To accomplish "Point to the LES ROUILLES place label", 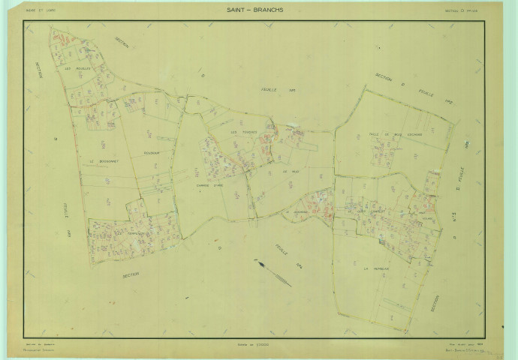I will [77, 69].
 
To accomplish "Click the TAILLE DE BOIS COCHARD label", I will [396, 135].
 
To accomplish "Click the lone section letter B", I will [55, 139].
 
